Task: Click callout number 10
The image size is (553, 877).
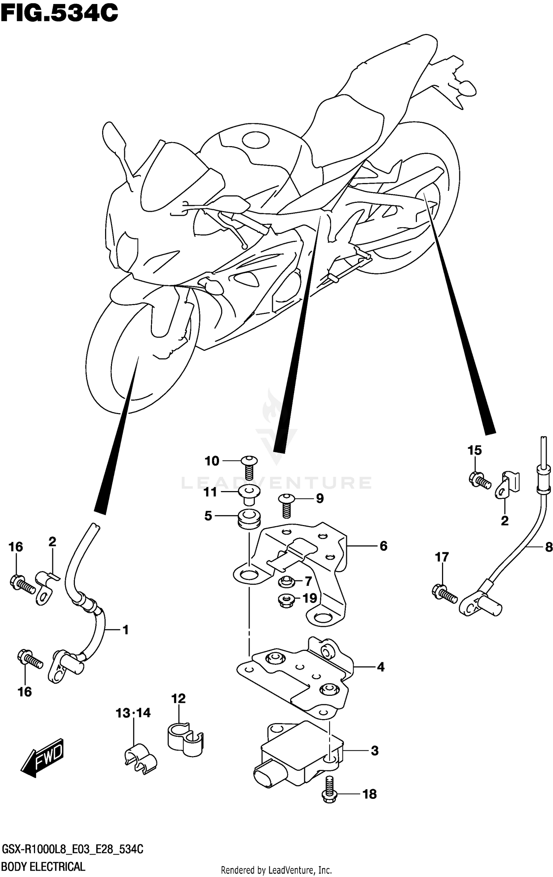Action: (x=212, y=461)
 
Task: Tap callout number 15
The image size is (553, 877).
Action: (x=474, y=450)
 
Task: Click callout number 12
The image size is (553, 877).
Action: (x=178, y=698)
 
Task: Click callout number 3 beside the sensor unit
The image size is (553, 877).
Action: (x=374, y=750)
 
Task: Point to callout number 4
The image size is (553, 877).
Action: (x=380, y=667)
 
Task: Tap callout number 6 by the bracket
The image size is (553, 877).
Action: (x=383, y=546)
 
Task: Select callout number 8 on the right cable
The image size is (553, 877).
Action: (x=548, y=547)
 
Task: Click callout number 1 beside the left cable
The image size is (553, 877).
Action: (x=125, y=629)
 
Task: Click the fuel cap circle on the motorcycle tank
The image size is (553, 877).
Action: (x=255, y=140)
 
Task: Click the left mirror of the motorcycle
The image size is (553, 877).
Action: (x=114, y=138)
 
